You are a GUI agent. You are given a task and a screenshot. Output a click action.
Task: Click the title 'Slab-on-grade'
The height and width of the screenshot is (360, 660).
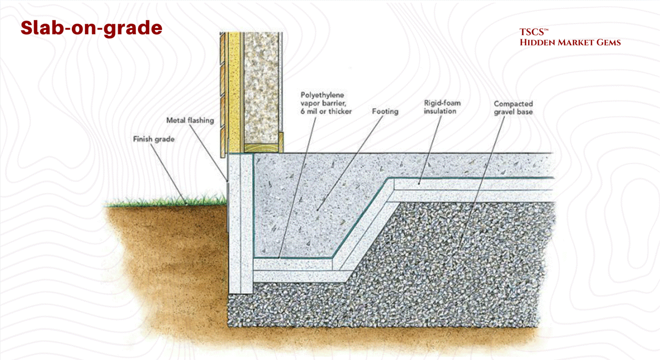coord(91,28)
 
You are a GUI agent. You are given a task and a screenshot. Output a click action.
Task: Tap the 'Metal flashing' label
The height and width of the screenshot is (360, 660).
coord(190,120)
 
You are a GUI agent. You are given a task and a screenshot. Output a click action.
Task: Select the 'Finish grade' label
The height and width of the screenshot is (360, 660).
coord(154,139)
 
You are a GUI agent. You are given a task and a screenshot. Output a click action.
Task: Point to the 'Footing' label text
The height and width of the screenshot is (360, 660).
coord(385,112)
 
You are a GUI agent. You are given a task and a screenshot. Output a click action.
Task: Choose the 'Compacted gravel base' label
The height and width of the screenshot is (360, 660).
coord(513,108)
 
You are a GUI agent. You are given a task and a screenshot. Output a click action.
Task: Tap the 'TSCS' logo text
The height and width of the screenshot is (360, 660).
coord(534,32)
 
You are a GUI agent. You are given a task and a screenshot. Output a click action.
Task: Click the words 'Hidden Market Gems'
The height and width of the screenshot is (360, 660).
coord(570,43)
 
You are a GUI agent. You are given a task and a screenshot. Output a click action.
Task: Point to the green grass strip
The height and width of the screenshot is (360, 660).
coord(164,203)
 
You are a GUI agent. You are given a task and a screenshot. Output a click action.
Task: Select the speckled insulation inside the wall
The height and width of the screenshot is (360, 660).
coord(262,85)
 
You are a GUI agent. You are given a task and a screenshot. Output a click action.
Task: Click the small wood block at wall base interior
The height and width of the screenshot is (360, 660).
coord(280,141)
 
